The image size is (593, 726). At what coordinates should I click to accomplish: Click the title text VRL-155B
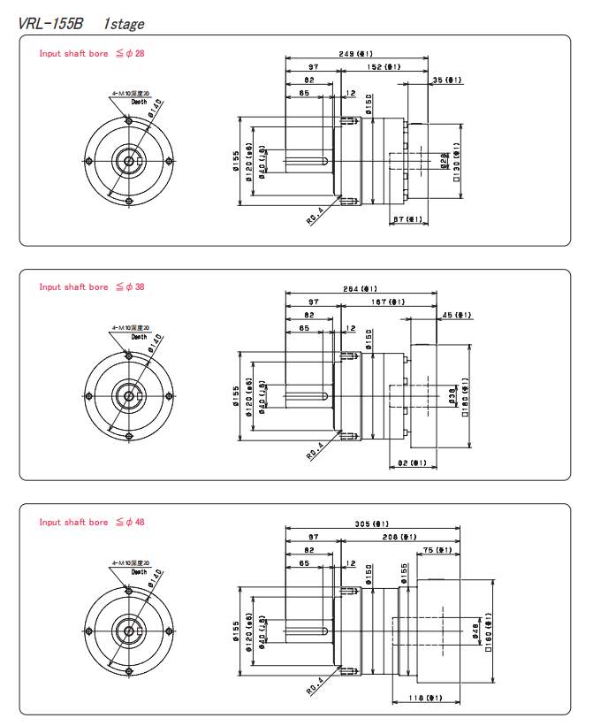coord(53,24)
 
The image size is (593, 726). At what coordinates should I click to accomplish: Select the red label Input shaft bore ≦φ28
coord(91,53)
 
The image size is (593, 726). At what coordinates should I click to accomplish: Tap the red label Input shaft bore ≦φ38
coord(91,287)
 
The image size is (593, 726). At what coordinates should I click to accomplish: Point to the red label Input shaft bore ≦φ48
coord(91,522)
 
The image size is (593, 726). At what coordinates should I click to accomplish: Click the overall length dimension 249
coord(355,54)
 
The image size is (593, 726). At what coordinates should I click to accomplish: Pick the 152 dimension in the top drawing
coord(383,66)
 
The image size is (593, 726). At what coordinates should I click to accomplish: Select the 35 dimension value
coord(447,80)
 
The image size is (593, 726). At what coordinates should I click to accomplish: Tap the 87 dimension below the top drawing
coord(407,220)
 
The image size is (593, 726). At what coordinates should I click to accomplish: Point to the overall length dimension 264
coord(360,288)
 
